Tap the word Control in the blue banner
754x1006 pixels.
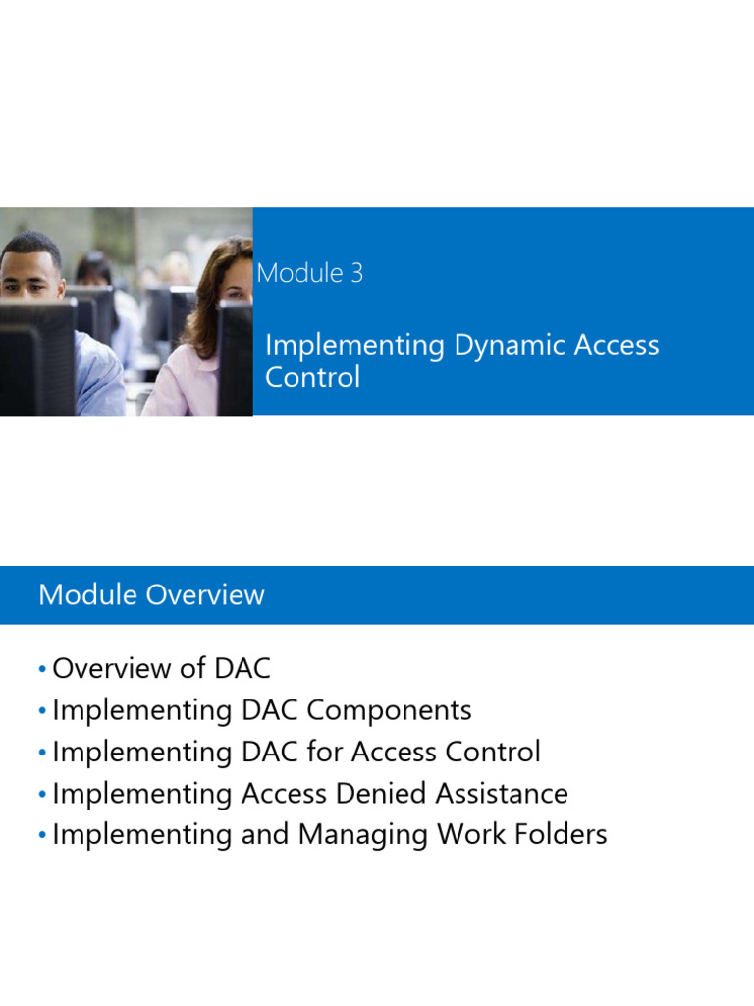[312, 377]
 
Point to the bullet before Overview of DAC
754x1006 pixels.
[42, 669]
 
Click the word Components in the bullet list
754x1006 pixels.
[398, 710]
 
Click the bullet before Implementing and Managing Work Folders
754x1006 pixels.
[42, 835]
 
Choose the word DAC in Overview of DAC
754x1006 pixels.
[240, 669]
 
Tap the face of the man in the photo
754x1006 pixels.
[32, 273]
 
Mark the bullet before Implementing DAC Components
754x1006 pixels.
[42, 710]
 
